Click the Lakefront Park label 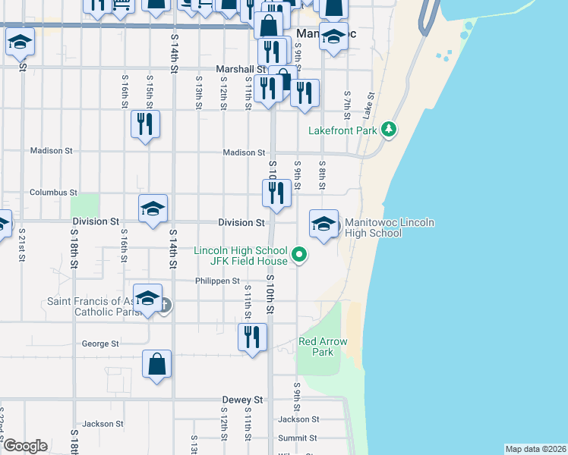coord(342,130)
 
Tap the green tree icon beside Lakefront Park coord(390,129)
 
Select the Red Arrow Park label coord(323,347)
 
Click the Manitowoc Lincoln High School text coord(389,227)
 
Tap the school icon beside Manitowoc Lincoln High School coord(323,224)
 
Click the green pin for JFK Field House coord(299,255)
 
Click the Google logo coord(25,446)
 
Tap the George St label coord(100,344)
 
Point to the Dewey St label coord(242,400)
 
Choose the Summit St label coord(297,438)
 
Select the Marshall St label coord(239,69)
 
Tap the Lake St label coord(369,105)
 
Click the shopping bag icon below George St coord(156,364)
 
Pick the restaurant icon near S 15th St coord(145,124)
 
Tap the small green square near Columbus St coord(85,205)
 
